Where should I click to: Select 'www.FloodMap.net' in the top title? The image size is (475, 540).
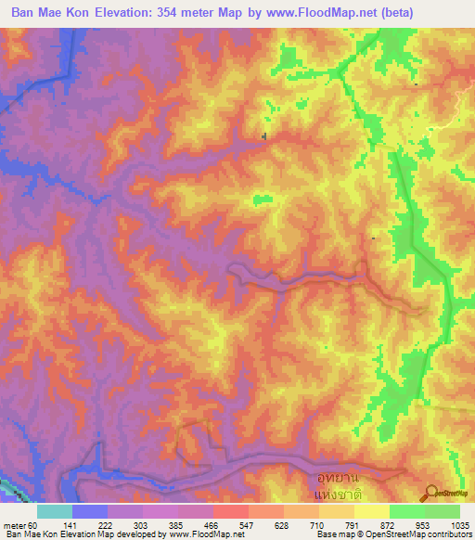point(314,12)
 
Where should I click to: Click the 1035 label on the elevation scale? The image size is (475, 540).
point(461,525)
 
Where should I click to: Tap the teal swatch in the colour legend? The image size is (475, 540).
point(55,511)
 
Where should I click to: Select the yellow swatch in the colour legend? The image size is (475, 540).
point(371,511)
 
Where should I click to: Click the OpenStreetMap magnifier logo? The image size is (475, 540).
point(430,492)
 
